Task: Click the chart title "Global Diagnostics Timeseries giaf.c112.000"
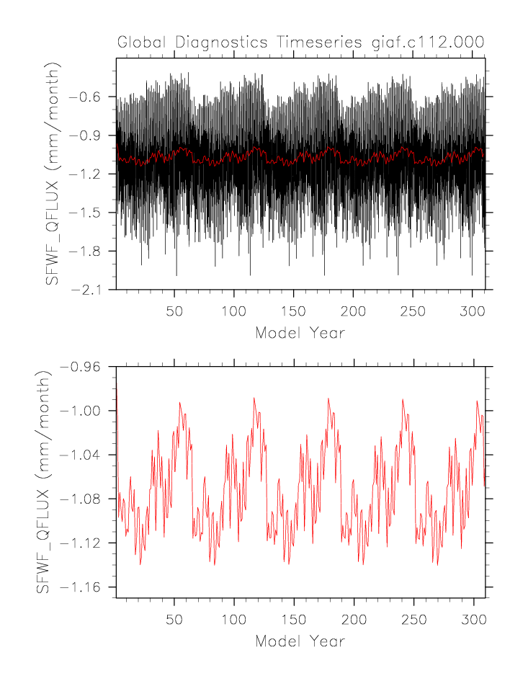coord(300,43)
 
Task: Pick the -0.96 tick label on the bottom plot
coord(84,366)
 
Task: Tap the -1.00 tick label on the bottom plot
coord(84,411)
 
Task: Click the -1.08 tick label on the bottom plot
coord(84,499)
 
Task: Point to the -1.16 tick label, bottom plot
coord(84,587)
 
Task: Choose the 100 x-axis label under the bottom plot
coord(234,620)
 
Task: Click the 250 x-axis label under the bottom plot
coord(413,620)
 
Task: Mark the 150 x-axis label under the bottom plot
coord(293,620)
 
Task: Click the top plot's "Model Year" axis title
coord(300,333)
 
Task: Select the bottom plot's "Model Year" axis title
coord(300,641)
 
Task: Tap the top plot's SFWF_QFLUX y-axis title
coord(53,174)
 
